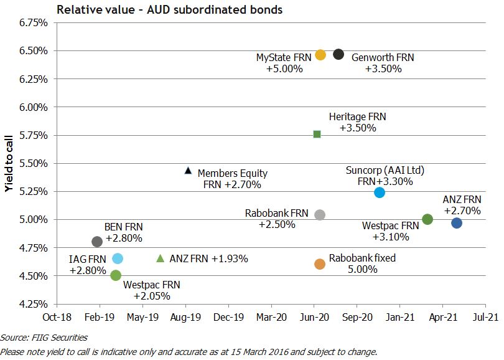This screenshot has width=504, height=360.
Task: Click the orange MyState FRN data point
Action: pos(320,55)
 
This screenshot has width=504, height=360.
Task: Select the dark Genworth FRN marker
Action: pos(338,54)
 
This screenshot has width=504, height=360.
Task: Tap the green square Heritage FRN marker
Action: pos(317,134)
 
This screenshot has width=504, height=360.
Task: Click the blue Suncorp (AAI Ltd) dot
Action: pos(380,192)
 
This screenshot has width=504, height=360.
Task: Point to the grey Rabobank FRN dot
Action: pos(320,215)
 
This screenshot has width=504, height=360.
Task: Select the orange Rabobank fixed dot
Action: pos(320,264)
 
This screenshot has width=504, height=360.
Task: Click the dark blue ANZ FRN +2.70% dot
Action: pos(457,223)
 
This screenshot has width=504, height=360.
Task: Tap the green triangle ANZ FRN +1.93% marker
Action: pos(160,258)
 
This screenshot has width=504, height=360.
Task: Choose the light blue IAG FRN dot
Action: pos(118,258)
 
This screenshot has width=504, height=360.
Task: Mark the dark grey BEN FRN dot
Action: pos(97,242)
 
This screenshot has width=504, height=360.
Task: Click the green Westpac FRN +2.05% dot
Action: pos(116,275)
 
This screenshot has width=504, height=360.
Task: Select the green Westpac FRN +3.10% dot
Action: pos(427,219)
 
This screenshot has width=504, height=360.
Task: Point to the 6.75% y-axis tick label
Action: pos(34,22)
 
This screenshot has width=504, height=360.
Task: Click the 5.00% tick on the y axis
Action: pos(34,219)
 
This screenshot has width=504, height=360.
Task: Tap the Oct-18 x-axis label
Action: pos(57,316)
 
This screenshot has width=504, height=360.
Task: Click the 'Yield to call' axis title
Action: pos(9,163)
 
